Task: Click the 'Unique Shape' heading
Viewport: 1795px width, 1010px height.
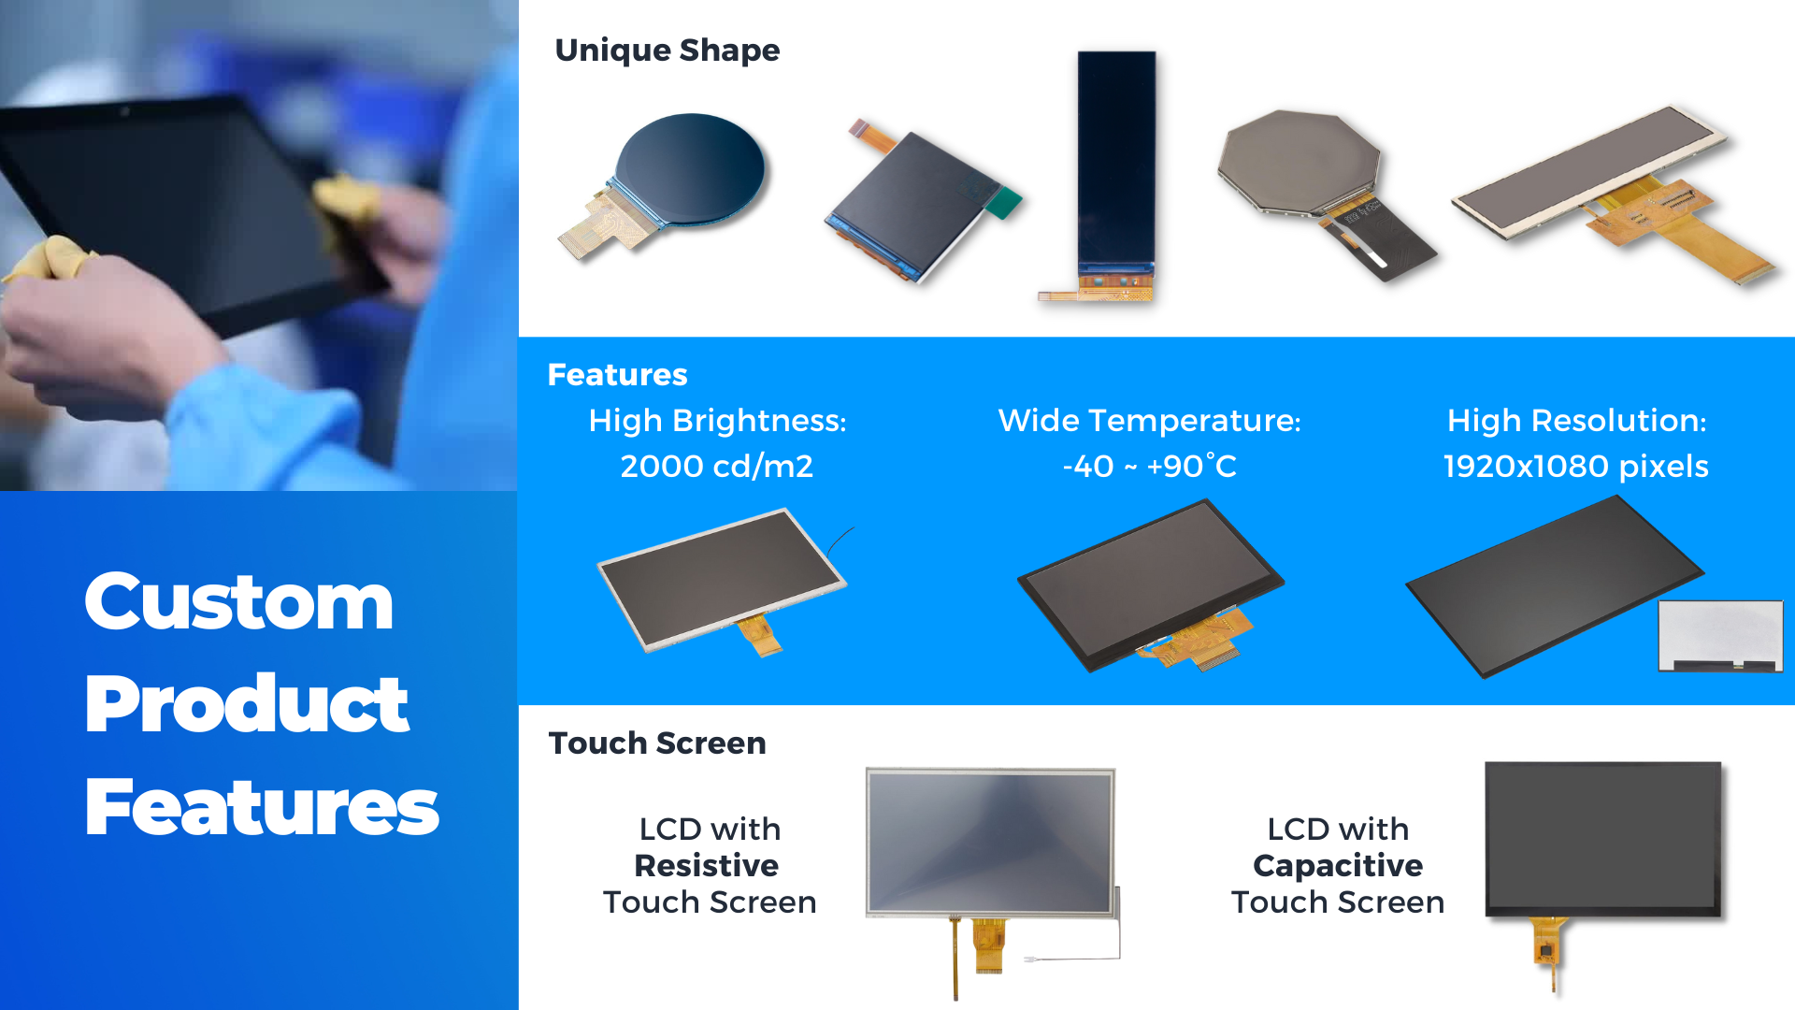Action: point(667,50)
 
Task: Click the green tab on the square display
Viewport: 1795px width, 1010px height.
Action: point(1005,202)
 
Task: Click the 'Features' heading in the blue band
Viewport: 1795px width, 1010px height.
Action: point(617,374)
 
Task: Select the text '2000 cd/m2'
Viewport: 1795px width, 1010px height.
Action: point(716,466)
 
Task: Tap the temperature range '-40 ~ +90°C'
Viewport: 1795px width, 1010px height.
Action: point(1149,466)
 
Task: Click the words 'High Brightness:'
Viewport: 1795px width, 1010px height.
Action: point(717,421)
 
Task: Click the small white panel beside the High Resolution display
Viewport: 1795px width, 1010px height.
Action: point(1719,634)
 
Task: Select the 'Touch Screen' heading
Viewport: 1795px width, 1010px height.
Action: point(656,743)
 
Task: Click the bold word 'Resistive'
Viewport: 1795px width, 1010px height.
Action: point(706,865)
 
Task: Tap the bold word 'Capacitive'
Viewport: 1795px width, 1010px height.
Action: point(1337,865)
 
